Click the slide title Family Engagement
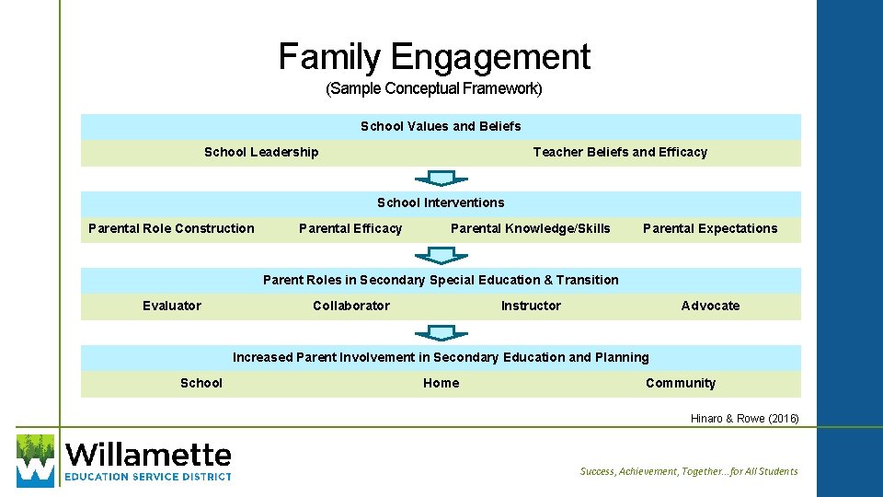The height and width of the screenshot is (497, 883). tap(434, 57)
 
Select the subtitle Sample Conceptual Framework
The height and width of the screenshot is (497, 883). tap(434, 89)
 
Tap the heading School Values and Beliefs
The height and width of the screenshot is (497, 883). tap(441, 126)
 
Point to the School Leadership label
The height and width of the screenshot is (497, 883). tap(261, 152)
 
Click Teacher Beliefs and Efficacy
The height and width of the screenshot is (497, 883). tap(620, 152)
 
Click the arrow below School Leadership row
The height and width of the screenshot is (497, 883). tap(441, 178)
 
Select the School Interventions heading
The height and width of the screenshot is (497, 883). tap(441, 202)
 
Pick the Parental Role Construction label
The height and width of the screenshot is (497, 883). tap(171, 228)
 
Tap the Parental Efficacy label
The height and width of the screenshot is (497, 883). tap(350, 228)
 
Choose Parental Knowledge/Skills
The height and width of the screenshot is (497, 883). tap(530, 228)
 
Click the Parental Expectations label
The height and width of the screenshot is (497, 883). tap(710, 228)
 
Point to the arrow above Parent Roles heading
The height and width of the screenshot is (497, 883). tap(441, 255)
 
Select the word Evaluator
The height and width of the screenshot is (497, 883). tap(172, 306)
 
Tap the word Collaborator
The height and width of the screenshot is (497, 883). tap(351, 306)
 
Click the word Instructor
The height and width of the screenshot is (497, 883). tap(531, 306)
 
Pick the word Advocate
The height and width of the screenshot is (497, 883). tap(710, 306)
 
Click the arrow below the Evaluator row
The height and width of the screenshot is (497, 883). tap(441, 332)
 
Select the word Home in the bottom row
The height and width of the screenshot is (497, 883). tap(441, 383)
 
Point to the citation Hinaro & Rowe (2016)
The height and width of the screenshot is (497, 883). tap(745, 419)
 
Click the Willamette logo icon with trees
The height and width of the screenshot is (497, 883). tap(36, 459)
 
